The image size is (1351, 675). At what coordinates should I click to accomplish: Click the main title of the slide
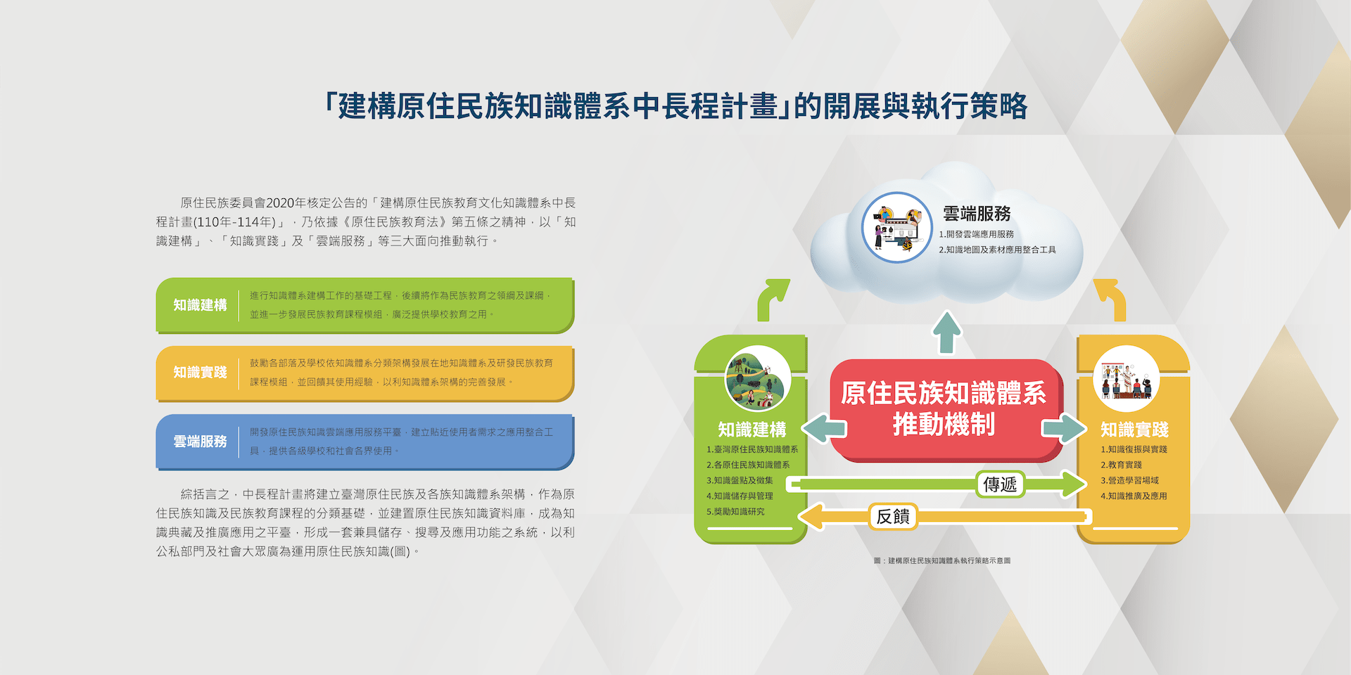tap(675, 106)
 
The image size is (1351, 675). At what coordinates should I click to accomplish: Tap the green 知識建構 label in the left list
tap(201, 305)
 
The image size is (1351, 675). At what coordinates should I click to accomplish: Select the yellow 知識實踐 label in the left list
tap(201, 373)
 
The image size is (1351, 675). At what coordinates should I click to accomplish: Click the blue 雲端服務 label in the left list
tap(201, 442)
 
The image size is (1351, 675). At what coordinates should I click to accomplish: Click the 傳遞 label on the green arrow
tap(1000, 484)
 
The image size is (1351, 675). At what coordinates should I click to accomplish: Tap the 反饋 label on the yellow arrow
tap(893, 516)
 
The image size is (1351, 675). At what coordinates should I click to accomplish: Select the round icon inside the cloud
tap(897, 228)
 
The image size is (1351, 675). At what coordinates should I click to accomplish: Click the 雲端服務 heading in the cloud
tap(977, 214)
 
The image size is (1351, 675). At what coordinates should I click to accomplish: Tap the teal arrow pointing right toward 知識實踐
tap(1064, 428)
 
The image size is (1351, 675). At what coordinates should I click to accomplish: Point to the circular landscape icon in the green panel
tap(758, 378)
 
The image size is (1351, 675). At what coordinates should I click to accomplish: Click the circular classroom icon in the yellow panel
tap(1126, 378)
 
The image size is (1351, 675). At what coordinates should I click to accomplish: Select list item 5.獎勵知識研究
tap(735, 512)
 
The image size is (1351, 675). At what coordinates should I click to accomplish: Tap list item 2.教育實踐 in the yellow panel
tap(1122, 465)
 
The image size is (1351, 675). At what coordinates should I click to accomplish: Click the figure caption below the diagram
tap(942, 561)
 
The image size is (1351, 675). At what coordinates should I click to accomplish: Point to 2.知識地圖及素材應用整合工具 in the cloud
tap(997, 250)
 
